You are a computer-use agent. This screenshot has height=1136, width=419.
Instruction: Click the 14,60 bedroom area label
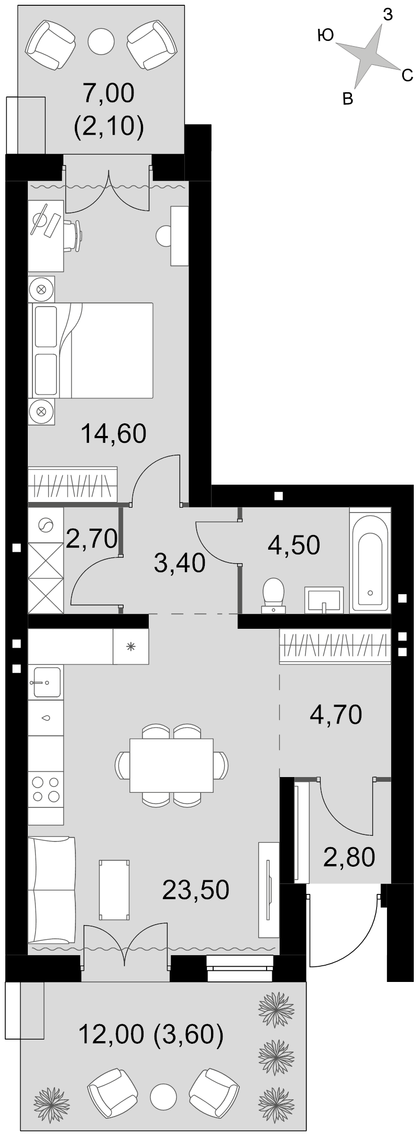point(113,434)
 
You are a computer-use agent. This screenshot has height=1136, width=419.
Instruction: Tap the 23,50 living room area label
point(195,890)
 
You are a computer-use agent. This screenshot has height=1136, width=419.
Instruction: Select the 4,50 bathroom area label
point(294,545)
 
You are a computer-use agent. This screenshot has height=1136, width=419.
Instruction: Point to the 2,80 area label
point(349,857)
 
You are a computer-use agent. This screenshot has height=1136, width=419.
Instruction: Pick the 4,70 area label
point(336,714)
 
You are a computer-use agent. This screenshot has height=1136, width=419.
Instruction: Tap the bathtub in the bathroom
point(370,559)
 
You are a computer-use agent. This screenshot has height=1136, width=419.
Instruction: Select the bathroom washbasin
point(324,599)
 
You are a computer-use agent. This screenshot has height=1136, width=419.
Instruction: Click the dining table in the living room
point(171,765)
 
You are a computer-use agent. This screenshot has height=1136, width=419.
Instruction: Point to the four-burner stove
point(46,789)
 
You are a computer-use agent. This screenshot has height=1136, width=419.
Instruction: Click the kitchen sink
point(46,682)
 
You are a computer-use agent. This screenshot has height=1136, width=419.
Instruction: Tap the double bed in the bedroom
point(91,350)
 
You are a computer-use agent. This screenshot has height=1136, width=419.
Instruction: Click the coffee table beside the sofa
point(114,890)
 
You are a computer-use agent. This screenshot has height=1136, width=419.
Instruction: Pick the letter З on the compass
point(388,16)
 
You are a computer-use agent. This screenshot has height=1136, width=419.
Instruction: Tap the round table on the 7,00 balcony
point(101,39)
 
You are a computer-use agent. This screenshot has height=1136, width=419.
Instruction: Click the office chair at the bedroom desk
point(73,236)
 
